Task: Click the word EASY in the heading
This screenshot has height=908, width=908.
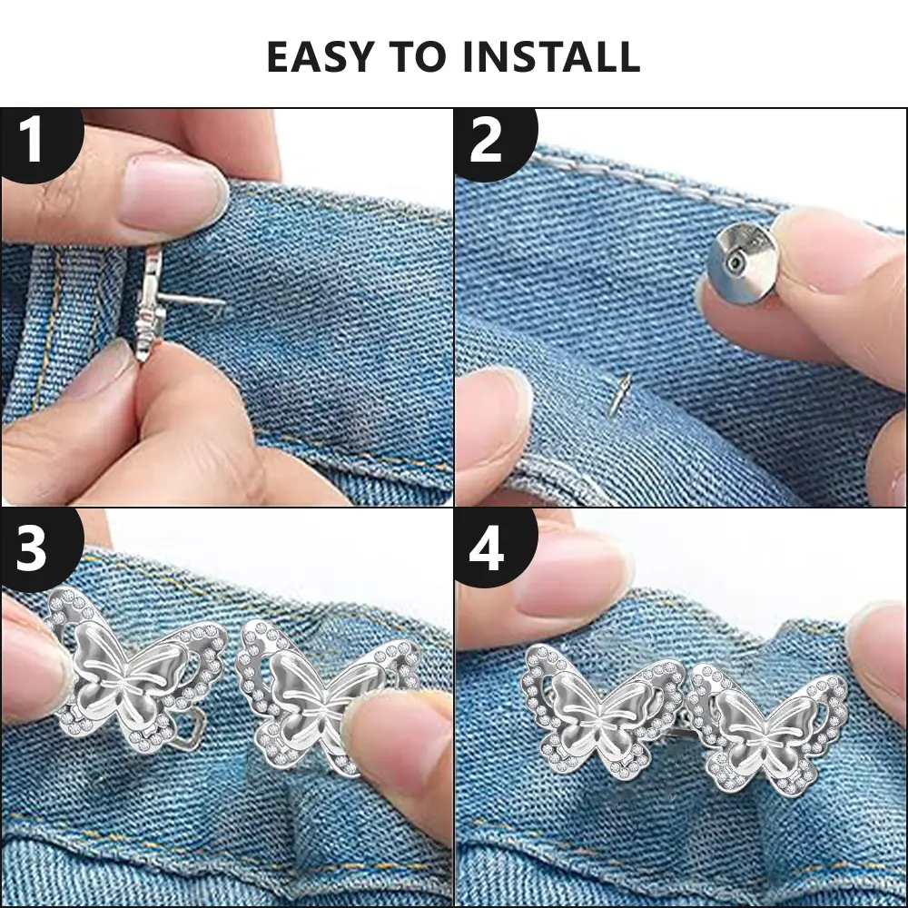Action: click(x=321, y=56)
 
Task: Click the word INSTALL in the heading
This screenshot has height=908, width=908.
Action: click(x=551, y=56)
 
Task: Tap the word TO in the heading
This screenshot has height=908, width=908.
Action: click(x=418, y=56)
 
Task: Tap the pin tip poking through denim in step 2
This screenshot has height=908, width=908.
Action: click(x=618, y=393)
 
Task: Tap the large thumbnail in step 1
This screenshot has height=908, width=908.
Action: click(x=173, y=194)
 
